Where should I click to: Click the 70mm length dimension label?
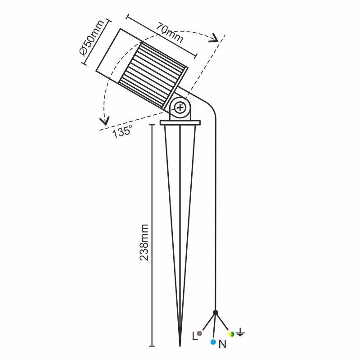tap(170, 33)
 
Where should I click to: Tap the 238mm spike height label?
tap(144, 243)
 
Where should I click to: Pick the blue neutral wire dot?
tap(213, 342)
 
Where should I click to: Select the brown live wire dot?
tap(199, 333)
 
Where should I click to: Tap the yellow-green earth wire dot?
tap(231, 333)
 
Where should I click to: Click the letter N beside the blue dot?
tap(222, 344)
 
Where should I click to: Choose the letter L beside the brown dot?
tap(195, 336)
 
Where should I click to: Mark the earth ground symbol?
tap(240, 332)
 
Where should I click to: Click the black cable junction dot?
tap(216, 312)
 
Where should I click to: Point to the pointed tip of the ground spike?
tap(180, 346)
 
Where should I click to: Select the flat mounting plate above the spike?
tap(180, 123)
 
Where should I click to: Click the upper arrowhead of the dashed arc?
tap(214, 38)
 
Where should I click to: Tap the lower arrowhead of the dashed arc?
tap(105, 121)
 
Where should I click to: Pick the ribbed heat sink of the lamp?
tap(153, 75)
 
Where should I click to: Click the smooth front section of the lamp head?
tap(118, 55)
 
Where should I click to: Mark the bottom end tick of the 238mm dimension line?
tap(152, 346)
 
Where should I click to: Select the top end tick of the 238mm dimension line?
tap(152, 125)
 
